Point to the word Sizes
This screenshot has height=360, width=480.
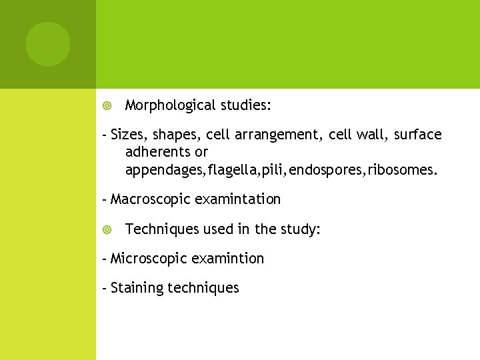127,135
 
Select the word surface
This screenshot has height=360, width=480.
417,135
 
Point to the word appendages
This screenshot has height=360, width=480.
165,170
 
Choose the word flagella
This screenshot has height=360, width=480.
231,170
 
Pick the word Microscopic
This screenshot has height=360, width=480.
145,259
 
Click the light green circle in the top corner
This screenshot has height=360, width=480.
48,44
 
